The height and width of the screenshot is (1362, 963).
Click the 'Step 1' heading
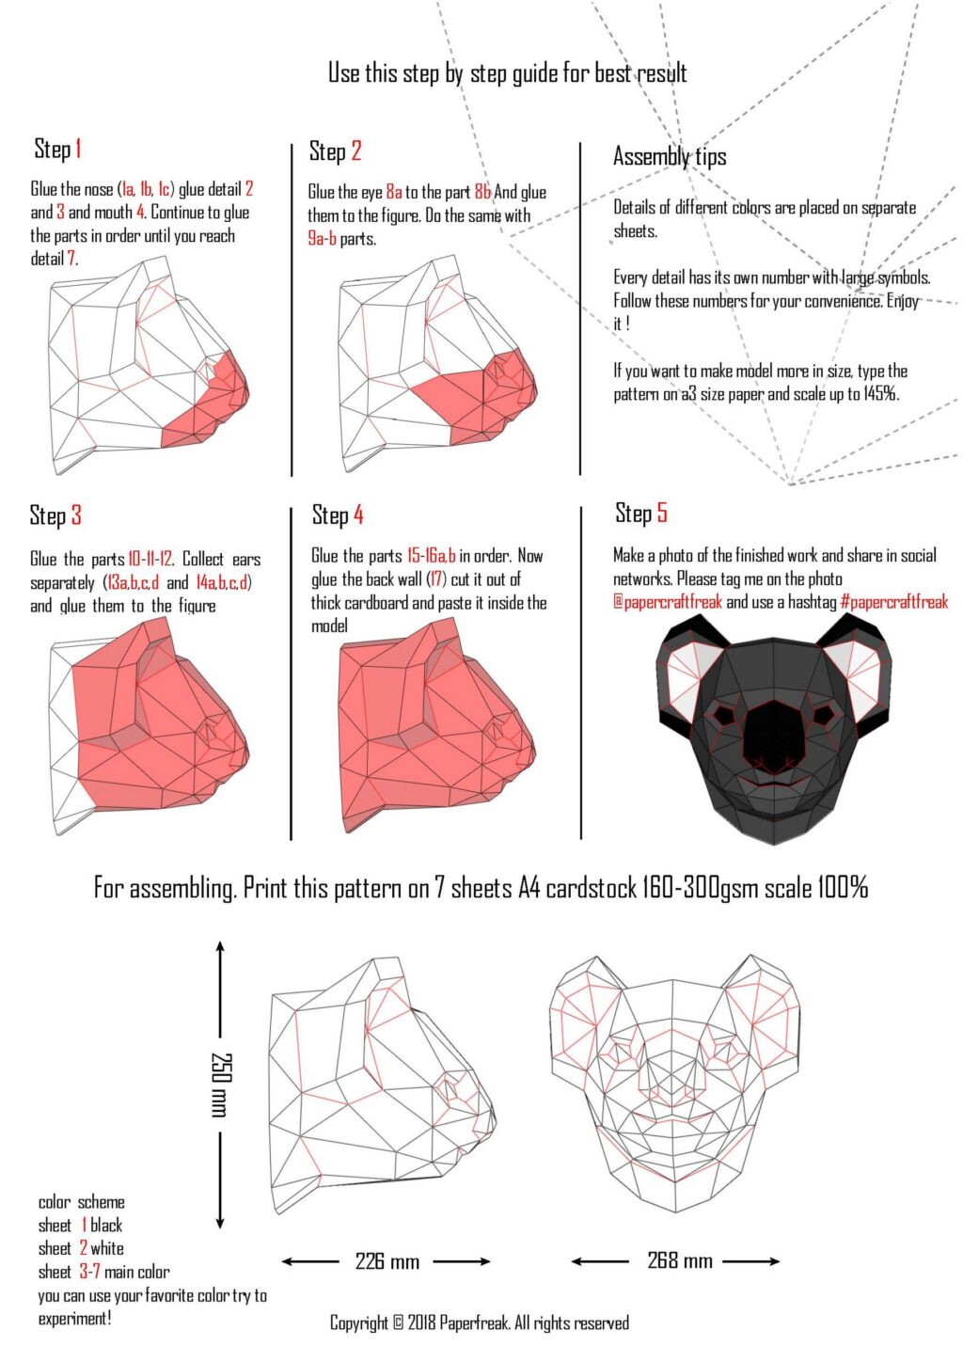(57, 149)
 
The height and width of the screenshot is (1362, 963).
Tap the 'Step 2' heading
(335, 151)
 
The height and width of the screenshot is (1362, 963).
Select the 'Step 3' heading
(55, 515)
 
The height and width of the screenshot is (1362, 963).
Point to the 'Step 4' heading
(337, 515)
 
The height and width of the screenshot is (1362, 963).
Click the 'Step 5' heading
(640, 513)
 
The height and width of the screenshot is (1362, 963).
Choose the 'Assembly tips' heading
(669, 156)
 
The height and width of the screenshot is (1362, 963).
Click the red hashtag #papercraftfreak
(893, 602)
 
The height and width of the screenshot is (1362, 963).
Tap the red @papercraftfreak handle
(667, 602)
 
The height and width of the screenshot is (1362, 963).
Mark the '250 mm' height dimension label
(220, 1084)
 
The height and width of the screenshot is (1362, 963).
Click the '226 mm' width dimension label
(387, 1261)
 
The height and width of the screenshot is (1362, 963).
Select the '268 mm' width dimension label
(679, 1260)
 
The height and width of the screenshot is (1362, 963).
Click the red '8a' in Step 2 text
(393, 192)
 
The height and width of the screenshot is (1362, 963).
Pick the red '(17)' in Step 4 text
(436, 579)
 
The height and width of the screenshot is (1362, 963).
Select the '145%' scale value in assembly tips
(880, 394)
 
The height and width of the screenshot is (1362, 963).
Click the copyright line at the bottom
(479, 1322)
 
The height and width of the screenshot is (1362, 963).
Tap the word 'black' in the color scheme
(106, 1225)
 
